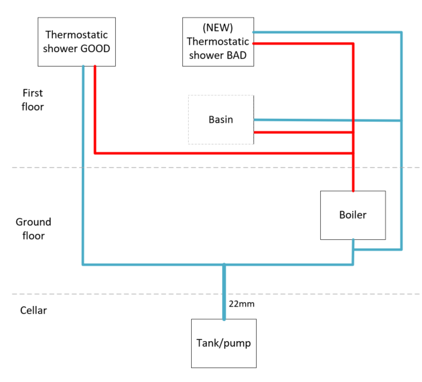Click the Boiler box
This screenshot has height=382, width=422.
click(352, 215)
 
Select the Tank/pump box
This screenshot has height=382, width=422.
click(224, 343)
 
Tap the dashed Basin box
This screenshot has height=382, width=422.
click(221, 119)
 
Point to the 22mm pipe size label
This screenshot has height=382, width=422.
click(242, 305)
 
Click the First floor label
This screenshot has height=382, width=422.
click(32, 100)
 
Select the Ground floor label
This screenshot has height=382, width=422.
click(33, 229)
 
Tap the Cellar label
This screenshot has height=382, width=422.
click(33, 310)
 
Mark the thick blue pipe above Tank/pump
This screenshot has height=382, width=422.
click(224, 292)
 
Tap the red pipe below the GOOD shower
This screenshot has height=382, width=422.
click(95, 107)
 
